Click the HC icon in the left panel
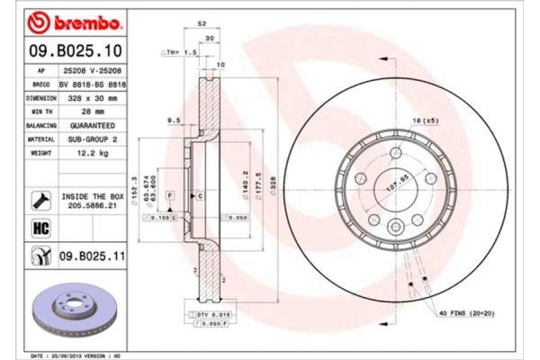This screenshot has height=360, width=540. [41, 229]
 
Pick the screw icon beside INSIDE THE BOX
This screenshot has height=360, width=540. [41, 199]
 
